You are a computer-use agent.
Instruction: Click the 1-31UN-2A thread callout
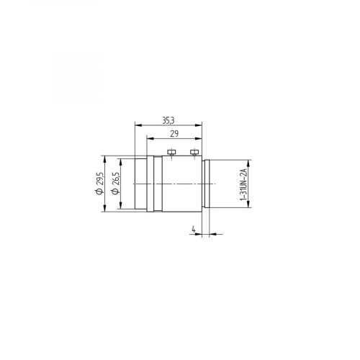click(x=244, y=184)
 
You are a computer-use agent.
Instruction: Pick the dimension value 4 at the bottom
click(x=193, y=230)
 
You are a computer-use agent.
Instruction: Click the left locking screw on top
click(x=171, y=152)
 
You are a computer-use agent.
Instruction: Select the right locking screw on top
click(x=193, y=152)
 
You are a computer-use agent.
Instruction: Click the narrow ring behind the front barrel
click(x=149, y=184)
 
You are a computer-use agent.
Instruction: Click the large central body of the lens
click(x=176, y=184)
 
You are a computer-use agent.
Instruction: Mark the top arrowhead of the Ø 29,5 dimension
click(x=106, y=157)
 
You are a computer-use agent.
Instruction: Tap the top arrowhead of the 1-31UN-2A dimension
click(x=249, y=161)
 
